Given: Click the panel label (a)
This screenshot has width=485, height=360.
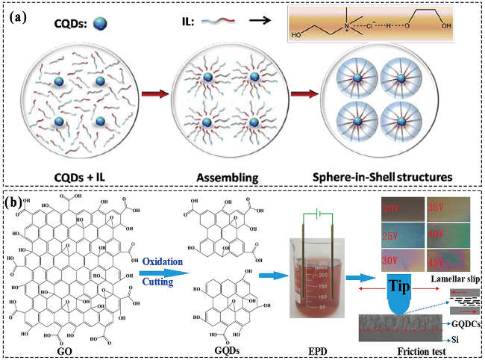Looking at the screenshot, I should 19,18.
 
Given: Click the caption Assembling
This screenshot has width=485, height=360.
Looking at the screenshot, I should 222,167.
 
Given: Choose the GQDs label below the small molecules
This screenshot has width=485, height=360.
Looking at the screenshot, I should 225,348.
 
